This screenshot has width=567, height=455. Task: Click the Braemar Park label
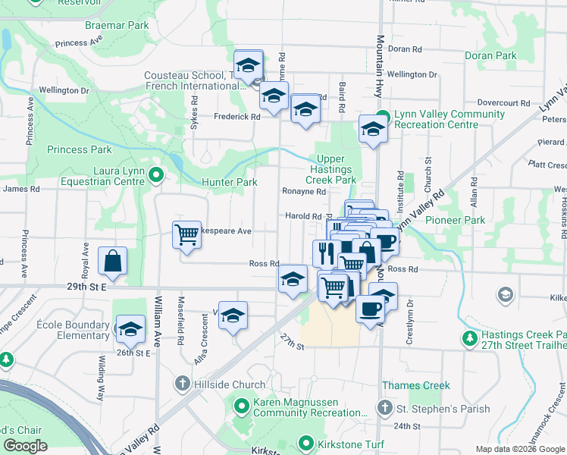point(116,25)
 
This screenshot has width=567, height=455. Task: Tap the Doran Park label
point(490,55)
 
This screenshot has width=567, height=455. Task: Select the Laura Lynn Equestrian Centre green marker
point(156,176)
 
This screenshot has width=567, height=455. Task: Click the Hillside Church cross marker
point(183,384)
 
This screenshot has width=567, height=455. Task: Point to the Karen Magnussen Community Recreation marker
point(242,406)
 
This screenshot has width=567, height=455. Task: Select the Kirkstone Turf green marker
point(306,443)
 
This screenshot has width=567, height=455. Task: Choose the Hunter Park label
point(229,183)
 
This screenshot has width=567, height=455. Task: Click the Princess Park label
point(79,150)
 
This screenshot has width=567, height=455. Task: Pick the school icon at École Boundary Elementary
point(131,328)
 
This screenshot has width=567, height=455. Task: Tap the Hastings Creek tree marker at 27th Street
point(469,337)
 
